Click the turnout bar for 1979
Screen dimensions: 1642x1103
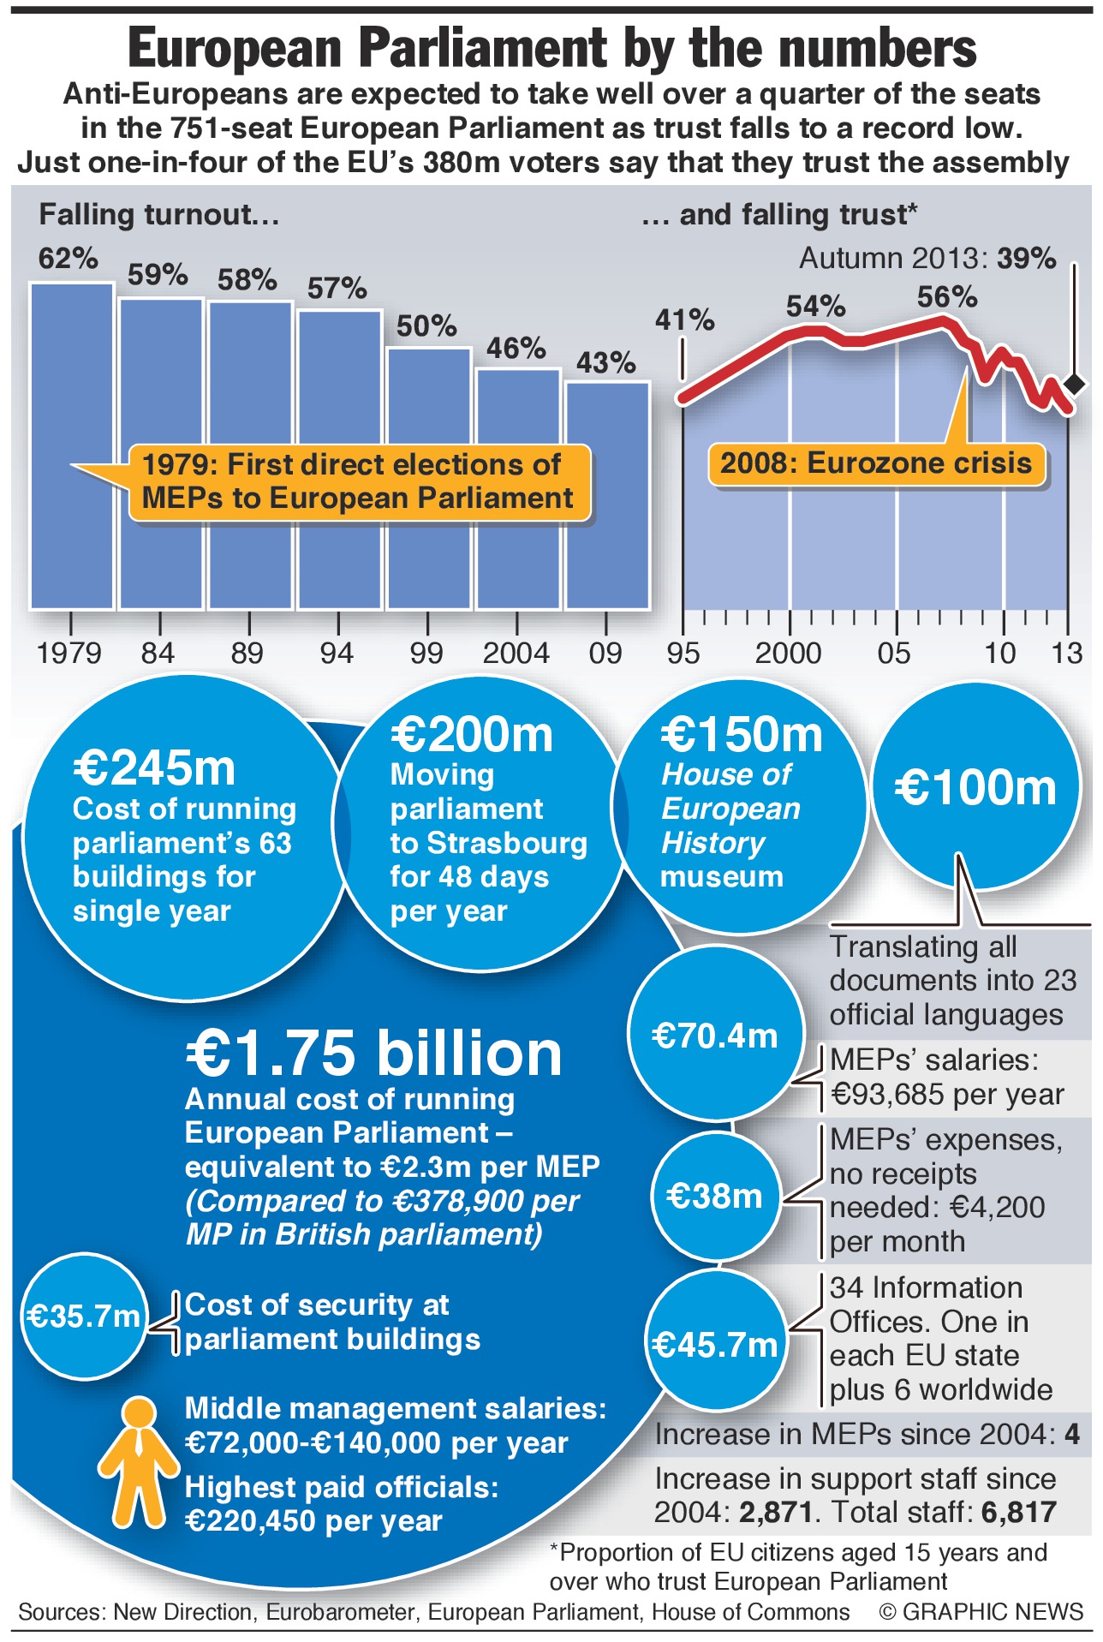(x=72, y=445)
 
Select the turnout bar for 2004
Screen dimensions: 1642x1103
(x=518, y=488)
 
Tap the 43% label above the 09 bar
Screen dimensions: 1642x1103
(x=605, y=363)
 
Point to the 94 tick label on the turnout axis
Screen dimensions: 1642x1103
(x=337, y=654)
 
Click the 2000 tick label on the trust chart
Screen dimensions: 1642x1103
(x=788, y=654)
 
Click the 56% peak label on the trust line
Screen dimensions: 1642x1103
(x=946, y=297)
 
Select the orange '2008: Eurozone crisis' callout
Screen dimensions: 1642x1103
(x=876, y=463)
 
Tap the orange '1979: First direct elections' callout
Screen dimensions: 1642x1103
(x=358, y=481)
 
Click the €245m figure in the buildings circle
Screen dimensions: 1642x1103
(x=154, y=767)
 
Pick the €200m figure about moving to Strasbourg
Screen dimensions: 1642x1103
(x=472, y=735)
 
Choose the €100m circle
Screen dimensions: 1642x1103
(x=975, y=786)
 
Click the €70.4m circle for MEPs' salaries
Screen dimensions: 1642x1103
(x=715, y=1036)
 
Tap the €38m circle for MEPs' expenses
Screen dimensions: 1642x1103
(x=715, y=1196)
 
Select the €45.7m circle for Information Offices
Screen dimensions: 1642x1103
(x=715, y=1345)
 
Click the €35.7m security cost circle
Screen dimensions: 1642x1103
(x=83, y=1316)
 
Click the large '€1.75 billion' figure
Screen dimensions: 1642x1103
(x=374, y=1053)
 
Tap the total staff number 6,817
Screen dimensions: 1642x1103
(x=1018, y=1513)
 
